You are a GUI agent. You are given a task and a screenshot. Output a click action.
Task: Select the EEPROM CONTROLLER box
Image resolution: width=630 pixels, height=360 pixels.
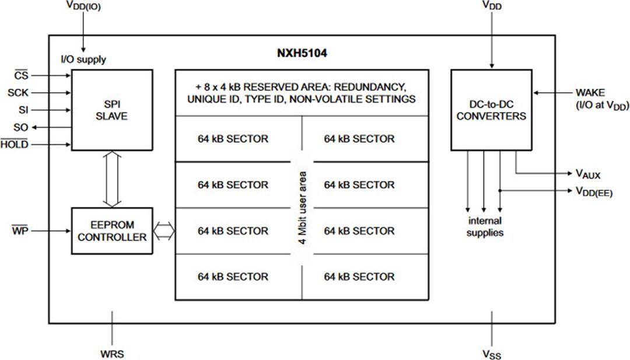[113, 231]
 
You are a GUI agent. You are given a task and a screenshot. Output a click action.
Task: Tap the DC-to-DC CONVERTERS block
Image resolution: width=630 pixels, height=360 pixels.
[491, 110]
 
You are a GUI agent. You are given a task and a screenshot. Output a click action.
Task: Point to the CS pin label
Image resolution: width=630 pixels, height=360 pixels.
[22, 75]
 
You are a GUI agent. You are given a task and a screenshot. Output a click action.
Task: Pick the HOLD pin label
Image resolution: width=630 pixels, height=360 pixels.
[15, 145]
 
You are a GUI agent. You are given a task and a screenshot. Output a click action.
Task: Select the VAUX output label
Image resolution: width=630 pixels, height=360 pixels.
[587, 174]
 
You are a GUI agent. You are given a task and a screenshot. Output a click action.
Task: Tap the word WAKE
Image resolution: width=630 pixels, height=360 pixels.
[590, 93]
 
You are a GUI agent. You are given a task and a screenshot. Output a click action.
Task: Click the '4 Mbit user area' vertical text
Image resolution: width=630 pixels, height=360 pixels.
[302, 207]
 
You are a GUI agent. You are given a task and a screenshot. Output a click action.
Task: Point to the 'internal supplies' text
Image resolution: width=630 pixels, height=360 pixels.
[485, 227]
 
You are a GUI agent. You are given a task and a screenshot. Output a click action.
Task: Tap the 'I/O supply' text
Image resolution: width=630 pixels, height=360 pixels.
[83, 60]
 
